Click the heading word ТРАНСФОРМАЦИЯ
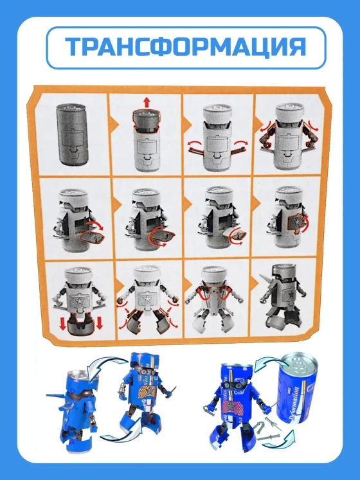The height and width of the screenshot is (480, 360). click(x=186, y=47)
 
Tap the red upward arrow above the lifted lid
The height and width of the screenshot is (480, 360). click(x=147, y=102)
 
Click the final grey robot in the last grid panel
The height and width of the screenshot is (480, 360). click(x=282, y=300)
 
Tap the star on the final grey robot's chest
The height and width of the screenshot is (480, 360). click(x=289, y=295)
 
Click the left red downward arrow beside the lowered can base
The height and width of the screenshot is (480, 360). click(x=63, y=324)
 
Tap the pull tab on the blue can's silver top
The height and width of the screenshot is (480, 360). click(x=296, y=365)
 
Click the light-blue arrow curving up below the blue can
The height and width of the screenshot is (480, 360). click(x=284, y=440)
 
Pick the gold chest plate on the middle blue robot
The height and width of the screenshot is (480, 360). click(x=145, y=393)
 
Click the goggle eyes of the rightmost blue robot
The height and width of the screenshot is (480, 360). click(x=233, y=385)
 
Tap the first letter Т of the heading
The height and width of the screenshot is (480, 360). click(x=74, y=47)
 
